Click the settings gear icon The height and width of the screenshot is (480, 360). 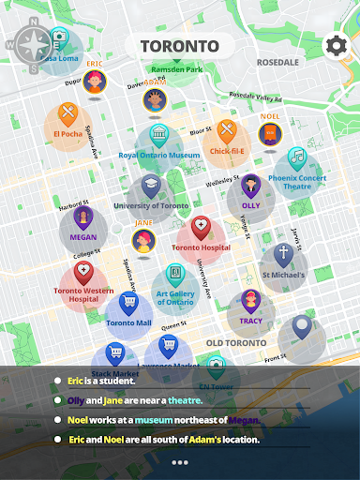[x=336, y=46]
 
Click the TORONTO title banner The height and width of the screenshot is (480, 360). [x=179, y=46]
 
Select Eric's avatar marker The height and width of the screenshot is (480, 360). [x=94, y=82]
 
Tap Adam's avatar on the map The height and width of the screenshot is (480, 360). [x=155, y=98]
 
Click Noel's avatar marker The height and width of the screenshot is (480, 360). [x=270, y=135]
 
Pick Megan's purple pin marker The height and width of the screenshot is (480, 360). [x=82, y=219]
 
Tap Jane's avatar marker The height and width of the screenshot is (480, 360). [x=143, y=241]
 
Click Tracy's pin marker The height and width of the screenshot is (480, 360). [x=250, y=302]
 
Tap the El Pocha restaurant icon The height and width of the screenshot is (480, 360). [x=67, y=114]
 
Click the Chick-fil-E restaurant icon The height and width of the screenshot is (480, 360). [x=227, y=129]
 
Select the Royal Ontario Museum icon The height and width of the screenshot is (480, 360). [x=158, y=135]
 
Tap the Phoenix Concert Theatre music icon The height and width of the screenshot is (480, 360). [x=296, y=156]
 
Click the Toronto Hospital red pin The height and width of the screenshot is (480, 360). [x=201, y=228]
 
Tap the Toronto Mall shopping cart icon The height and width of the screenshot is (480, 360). [x=128, y=304]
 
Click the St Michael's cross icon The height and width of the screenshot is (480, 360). [x=283, y=254]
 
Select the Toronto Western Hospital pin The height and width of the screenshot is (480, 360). [x=83, y=274]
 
